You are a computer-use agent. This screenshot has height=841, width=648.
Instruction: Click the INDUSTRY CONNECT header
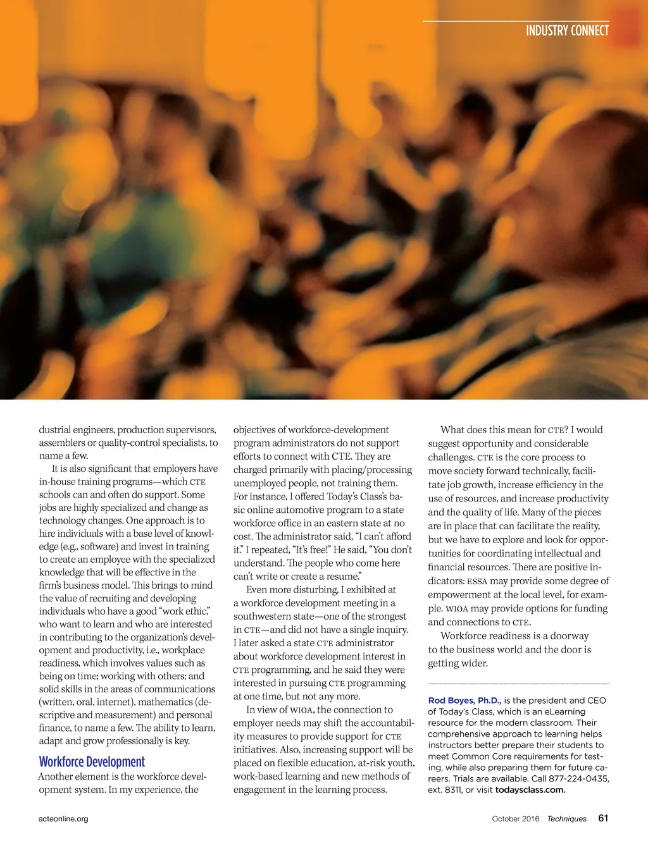(567, 30)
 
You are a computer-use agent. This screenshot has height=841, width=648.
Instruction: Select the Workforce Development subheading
(92, 762)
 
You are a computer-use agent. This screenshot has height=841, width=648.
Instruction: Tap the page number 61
(603, 818)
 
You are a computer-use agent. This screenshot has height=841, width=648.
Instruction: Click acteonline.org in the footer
(63, 819)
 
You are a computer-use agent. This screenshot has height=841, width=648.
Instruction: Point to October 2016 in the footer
(516, 819)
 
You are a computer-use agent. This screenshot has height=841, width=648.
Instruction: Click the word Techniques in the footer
(567, 819)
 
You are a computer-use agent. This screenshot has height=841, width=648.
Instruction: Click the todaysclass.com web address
(530, 790)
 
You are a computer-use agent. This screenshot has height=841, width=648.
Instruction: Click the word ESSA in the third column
(477, 581)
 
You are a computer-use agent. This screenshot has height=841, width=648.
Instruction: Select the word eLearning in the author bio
(563, 712)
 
